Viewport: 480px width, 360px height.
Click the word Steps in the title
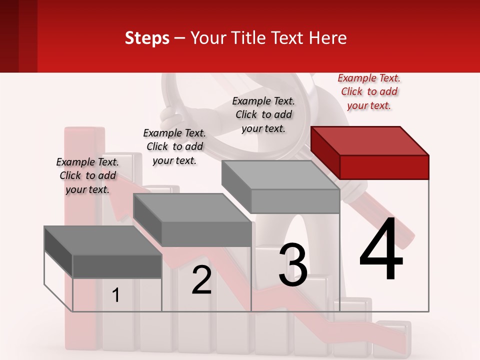coord(147,38)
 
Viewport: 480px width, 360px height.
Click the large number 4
coord(381,250)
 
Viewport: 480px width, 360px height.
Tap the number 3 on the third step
coord(293,265)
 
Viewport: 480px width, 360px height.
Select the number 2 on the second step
coord(201,280)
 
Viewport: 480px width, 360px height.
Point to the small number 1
coord(116,295)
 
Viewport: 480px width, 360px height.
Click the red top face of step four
coord(370,140)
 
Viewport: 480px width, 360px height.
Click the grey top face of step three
coord(280,175)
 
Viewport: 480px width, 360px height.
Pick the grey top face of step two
coord(192,207)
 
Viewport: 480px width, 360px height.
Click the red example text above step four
coord(369,92)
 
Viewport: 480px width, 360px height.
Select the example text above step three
coord(263,114)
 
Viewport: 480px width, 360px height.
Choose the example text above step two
coord(174,146)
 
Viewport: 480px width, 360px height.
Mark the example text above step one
coord(87,175)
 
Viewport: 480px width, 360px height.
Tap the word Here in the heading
coord(327,38)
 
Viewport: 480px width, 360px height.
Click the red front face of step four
coord(384,167)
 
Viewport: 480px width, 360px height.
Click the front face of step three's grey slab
coord(295,201)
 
